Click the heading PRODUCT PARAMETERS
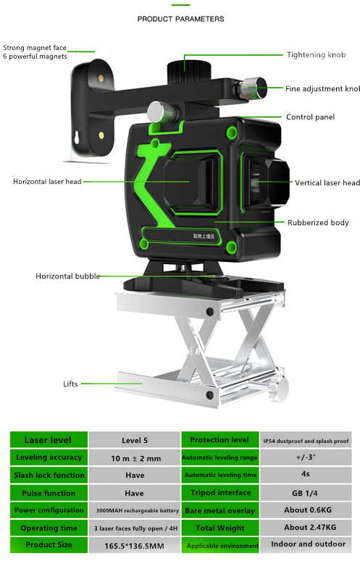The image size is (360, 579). coord(180,19)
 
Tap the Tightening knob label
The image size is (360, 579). coord(316,55)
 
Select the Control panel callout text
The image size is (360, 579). coord(310,117)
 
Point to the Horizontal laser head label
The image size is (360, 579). coord(47,182)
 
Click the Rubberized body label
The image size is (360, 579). coord(318,222)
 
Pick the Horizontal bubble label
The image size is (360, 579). coord(67,276)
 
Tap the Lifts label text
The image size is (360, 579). coord(70,384)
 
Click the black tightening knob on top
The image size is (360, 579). coord(189,71)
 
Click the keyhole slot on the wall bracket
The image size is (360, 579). coord(77,138)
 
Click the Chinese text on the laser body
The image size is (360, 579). coord(204,236)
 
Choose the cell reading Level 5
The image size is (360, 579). coord(135,440)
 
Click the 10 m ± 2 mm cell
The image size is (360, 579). coord(135,458)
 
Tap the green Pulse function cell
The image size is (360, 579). coord(49,493)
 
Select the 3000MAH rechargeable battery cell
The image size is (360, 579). coord(135,510)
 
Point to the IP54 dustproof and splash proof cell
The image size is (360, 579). coord(306,440)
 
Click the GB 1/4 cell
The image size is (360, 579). coord(306,493)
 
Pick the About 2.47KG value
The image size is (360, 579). coord(310,528)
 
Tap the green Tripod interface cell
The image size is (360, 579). coord(220,493)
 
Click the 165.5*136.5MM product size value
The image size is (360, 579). coord(134,546)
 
